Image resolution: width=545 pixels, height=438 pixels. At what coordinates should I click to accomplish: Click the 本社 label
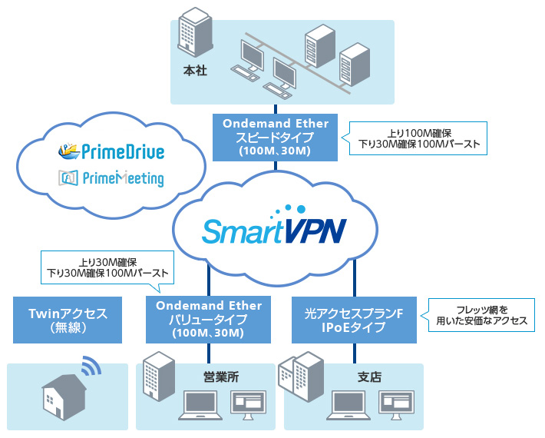click(x=195, y=71)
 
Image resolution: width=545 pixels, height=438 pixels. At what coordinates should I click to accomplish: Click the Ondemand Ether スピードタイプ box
click(x=275, y=137)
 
